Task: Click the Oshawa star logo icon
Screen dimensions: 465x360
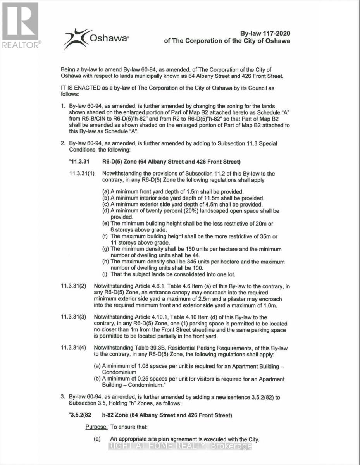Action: coord(76,38)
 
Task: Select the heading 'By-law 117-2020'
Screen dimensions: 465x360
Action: coord(265,34)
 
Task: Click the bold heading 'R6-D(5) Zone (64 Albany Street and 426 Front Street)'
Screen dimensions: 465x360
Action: coord(172,161)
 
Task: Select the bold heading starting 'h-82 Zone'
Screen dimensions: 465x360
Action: coord(167,415)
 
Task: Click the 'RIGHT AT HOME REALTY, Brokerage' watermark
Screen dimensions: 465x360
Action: coord(180,446)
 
